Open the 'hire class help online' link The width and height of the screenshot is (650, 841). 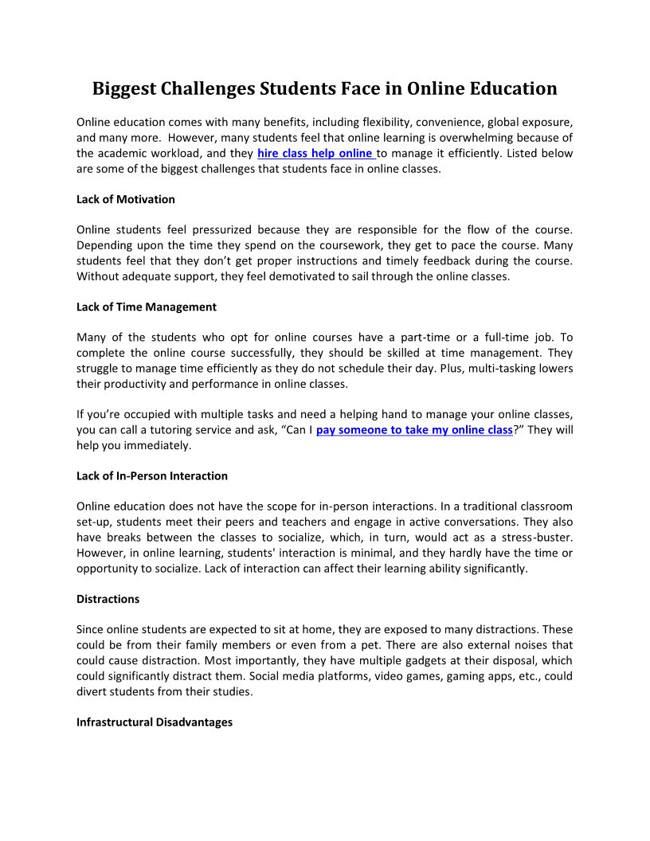point(315,153)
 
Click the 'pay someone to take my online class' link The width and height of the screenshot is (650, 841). point(414,430)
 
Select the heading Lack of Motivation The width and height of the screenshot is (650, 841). point(126,199)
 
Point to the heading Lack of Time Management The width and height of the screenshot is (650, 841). point(147,307)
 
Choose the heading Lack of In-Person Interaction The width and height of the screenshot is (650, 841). point(152,476)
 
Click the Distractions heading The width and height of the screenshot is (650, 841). point(108,599)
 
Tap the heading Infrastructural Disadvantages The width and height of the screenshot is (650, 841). point(155,722)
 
